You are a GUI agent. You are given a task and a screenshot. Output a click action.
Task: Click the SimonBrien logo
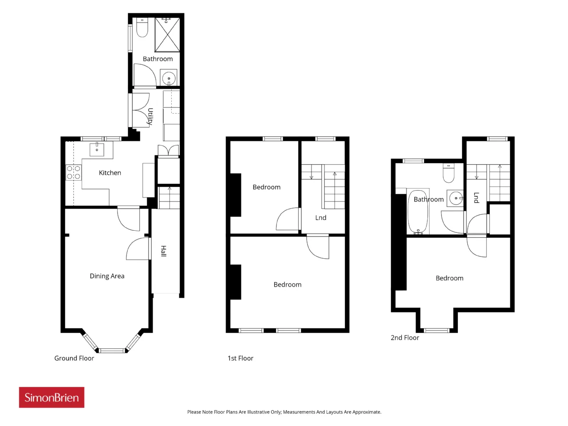click(51, 397)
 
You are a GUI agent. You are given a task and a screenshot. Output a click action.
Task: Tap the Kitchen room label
click(110, 173)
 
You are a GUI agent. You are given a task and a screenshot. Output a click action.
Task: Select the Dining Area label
click(107, 276)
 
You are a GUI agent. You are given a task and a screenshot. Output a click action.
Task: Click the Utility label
click(150, 117)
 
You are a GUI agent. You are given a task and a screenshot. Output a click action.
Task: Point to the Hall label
click(163, 251)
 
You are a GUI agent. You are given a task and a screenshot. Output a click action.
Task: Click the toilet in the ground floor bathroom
click(142, 28)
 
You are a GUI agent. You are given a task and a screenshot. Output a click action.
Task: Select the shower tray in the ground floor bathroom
click(167, 35)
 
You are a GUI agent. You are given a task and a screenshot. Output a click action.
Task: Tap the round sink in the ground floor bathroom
click(169, 77)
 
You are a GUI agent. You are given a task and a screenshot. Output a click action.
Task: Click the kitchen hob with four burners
click(74, 173)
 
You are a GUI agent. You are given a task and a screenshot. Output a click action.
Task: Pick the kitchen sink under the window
click(97, 149)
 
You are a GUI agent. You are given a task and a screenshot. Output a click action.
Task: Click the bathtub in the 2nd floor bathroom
click(418, 212)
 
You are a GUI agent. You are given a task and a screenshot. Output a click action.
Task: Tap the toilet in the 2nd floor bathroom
click(449, 173)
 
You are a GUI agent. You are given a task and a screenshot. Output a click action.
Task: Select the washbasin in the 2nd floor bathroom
click(455, 198)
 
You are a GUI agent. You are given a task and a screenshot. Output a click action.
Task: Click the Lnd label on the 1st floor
click(321, 218)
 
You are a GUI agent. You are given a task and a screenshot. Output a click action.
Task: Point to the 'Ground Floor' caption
click(74, 358)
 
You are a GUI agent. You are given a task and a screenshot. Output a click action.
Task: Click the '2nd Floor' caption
click(405, 338)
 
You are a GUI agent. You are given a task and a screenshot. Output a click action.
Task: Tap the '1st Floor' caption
click(241, 358)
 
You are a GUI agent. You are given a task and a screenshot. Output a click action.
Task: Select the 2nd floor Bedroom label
click(450, 278)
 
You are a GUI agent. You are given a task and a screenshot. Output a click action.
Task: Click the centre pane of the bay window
click(112, 351)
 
